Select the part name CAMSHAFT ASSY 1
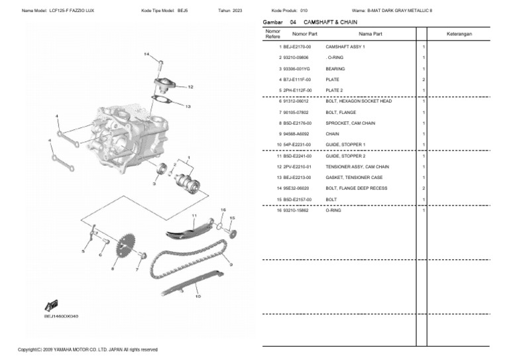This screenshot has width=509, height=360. pyautogui.click(x=345, y=47)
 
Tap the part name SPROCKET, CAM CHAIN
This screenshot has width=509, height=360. pyautogui.click(x=351, y=123)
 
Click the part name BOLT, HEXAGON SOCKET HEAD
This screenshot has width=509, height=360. pyautogui.click(x=359, y=101)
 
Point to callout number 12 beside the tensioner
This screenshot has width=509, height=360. pyautogui.click(x=190, y=87)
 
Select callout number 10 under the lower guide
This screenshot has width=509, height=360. pyautogui.click(x=198, y=297)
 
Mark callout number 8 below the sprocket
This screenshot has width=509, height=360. pyautogui.click(x=113, y=269)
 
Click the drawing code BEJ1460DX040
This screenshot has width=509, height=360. pyautogui.click(x=61, y=316)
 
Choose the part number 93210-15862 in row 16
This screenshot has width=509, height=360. pyautogui.click(x=296, y=211)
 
